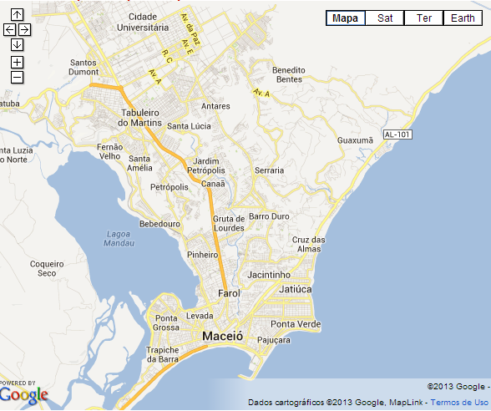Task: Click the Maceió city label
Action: tap(222, 336)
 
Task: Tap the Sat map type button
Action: tap(384, 18)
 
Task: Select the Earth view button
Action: tap(463, 18)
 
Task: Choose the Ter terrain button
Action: tap(423, 18)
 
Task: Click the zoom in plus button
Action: tap(17, 62)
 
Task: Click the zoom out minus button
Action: tap(17, 78)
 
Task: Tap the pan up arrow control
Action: tap(17, 15)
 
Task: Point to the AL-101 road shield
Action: tap(398, 134)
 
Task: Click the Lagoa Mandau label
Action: tap(119, 238)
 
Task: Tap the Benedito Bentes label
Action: tap(288, 74)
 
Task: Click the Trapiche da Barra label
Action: tap(163, 354)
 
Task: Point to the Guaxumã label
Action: tap(354, 140)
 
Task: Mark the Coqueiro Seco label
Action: tap(47, 268)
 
